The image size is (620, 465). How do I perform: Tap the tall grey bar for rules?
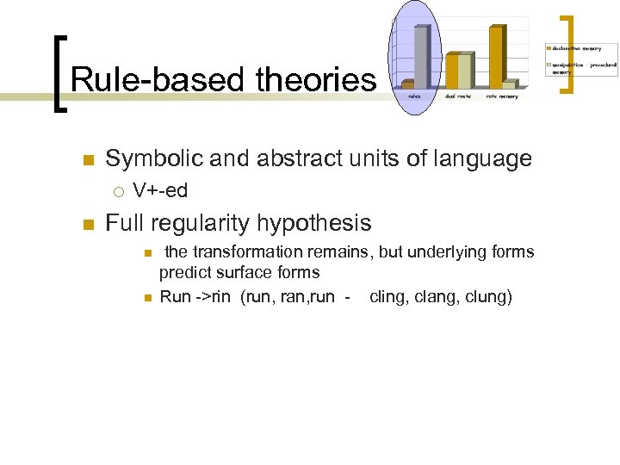coord(421,55)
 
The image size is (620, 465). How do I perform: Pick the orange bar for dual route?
coord(452,71)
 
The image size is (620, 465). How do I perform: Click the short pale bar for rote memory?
coord(510,84)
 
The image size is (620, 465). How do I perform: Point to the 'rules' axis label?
coord(415,96)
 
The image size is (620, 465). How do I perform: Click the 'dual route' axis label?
coord(458,96)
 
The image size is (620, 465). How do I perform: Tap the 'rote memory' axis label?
coord(502,96)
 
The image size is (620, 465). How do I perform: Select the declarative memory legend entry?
coord(576,48)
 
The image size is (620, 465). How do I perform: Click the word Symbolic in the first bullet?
coord(153,158)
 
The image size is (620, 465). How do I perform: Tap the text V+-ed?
coord(160,190)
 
